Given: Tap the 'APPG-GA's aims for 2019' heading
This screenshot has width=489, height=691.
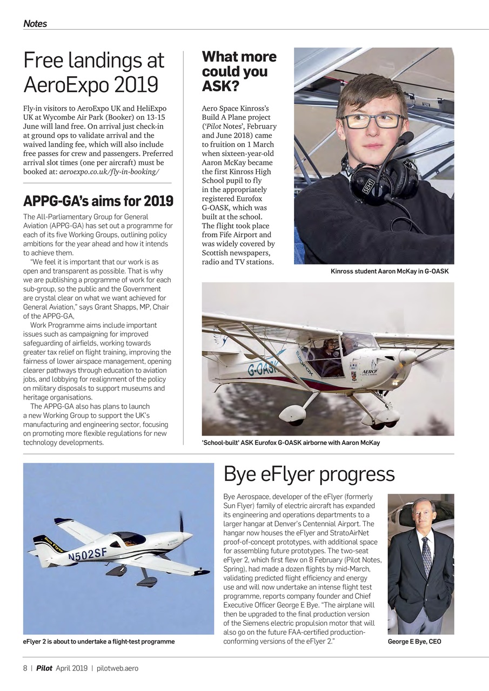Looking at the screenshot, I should tap(98, 201).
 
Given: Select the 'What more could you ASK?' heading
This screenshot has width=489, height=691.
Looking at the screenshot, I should tap(239, 71).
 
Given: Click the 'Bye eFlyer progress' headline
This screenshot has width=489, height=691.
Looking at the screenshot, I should tap(309, 474).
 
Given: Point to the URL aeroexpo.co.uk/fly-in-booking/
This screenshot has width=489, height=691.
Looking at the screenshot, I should tap(109, 171).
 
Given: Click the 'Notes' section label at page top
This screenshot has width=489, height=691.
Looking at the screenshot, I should tap(35, 23).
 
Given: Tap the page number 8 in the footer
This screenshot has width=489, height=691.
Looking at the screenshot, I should tap(25, 668).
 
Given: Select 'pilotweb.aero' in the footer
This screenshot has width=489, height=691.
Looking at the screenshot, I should tap(117, 668).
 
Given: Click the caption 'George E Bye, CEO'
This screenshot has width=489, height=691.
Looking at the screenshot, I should tap(414, 641).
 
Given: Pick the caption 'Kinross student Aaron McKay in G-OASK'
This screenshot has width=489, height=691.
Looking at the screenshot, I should tap(389, 271).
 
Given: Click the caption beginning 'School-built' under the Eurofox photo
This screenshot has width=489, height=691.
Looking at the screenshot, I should tap(291, 443).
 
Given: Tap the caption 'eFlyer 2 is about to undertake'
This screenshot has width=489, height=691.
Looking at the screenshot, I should tap(99, 641).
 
